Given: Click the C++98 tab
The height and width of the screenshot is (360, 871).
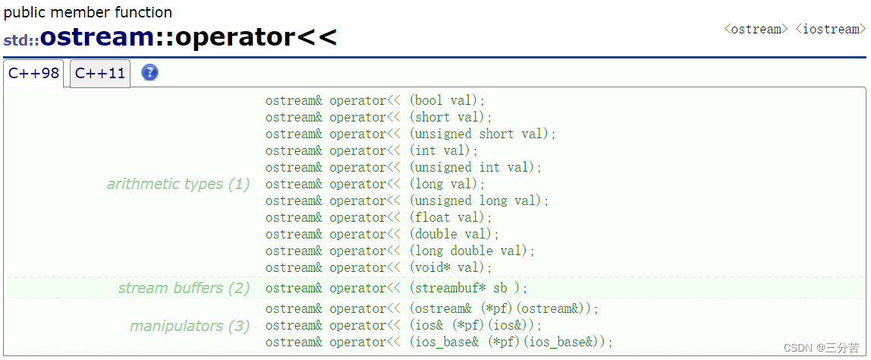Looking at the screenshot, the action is (x=33, y=74).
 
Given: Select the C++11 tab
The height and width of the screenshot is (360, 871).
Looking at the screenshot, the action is (x=100, y=74).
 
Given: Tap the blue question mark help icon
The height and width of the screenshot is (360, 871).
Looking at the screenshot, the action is (x=150, y=72).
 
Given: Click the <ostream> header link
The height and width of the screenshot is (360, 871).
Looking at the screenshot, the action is (x=756, y=29).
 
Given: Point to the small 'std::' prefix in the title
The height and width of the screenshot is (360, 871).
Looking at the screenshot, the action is (x=21, y=40).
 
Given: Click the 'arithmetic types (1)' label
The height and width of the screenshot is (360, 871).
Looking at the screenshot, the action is (x=178, y=184).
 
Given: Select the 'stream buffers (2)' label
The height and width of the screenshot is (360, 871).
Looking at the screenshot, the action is (x=184, y=288).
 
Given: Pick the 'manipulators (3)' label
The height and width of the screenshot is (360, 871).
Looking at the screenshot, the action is (x=190, y=326).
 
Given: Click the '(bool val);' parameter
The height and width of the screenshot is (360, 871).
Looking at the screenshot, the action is (x=447, y=101).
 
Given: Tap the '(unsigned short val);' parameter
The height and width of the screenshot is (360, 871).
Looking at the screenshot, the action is (x=483, y=134).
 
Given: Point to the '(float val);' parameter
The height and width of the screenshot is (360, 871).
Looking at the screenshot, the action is (x=451, y=217).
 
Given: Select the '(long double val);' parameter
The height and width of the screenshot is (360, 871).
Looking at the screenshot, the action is (x=472, y=251).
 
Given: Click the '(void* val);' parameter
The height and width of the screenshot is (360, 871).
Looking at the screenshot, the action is (x=451, y=267).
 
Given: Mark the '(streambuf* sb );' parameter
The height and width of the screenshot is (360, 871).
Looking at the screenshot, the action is (x=468, y=289).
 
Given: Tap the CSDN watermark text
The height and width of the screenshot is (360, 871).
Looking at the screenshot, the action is (x=822, y=348).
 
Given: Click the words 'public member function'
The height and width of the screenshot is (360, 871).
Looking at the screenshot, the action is (x=88, y=12).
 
